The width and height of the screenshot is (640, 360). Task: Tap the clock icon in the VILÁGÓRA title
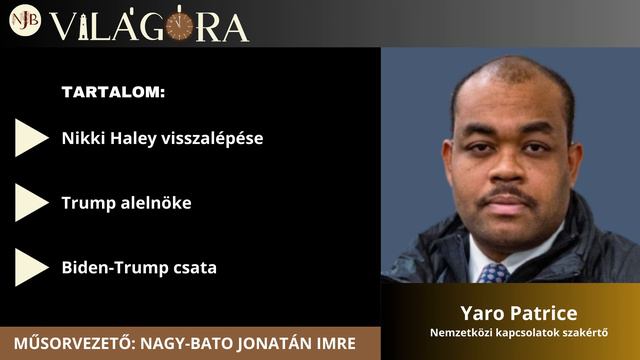[x=179, y=25]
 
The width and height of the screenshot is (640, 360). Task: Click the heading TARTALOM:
[x=113, y=93]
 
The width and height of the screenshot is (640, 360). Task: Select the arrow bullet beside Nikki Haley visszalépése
[x=31, y=138]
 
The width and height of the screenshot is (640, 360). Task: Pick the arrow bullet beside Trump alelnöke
[x=31, y=203]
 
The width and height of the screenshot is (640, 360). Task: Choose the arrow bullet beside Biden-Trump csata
[x=31, y=267]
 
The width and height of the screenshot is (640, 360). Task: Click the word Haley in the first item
[x=132, y=139]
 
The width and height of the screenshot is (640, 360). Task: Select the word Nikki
[x=82, y=139]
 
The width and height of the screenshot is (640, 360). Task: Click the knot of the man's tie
[x=493, y=271]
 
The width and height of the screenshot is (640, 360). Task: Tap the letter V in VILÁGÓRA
[x=63, y=27]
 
